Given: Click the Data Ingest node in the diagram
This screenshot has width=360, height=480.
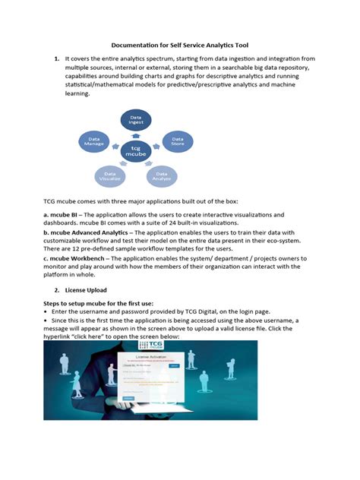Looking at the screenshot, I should click(x=136, y=119).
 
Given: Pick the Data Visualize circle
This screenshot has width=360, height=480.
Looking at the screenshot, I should click(x=111, y=176).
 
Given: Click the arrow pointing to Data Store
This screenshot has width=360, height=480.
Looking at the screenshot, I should click(x=158, y=144).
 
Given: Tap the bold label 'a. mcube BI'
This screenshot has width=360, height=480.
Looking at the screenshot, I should click(x=64, y=215).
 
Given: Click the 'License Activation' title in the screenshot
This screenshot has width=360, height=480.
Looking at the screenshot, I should click(x=151, y=355).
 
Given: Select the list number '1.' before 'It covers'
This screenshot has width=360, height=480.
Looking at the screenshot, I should click(x=55, y=58).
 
